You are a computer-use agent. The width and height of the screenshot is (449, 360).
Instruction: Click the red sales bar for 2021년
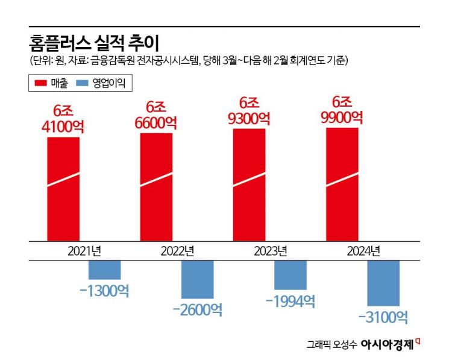[63, 188]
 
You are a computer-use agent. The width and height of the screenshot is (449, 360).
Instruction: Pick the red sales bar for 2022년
[156, 186]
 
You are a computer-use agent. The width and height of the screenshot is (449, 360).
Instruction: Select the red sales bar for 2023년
[249, 183]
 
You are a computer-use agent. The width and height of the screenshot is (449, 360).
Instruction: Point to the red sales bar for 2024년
[342, 183]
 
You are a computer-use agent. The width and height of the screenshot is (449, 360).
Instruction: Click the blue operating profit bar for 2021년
[105, 270]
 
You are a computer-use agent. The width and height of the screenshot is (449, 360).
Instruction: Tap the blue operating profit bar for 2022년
[198, 280]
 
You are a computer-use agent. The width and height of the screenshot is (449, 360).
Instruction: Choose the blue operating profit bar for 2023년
[290, 274]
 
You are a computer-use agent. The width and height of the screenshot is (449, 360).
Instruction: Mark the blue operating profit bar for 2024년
[383, 283]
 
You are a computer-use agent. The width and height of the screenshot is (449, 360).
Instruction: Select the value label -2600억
[197, 310]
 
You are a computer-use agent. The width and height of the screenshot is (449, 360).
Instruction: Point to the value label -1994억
[290, 301]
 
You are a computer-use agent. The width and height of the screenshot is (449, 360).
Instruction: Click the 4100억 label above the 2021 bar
[63, 127]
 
